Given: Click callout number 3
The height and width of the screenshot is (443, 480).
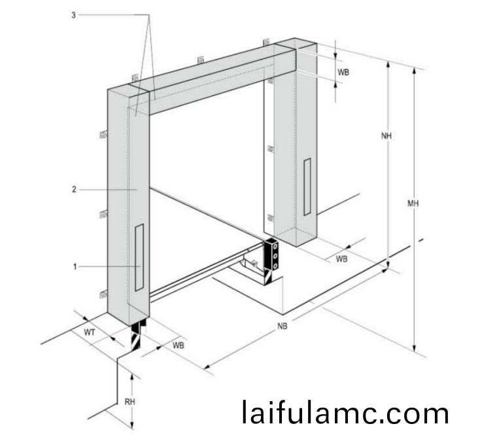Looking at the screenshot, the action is [73, 15].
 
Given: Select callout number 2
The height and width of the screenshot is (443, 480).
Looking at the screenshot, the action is [74, 189].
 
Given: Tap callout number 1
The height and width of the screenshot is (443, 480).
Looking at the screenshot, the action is [75, 266].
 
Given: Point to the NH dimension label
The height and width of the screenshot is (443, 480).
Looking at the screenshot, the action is [386, 135].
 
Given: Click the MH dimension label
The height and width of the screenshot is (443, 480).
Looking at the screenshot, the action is [413, 203].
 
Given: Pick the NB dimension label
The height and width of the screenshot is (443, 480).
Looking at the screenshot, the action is [283, 327].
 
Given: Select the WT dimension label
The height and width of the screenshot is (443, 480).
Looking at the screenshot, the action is [90, 332].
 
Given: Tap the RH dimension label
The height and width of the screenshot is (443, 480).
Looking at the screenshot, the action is [129, 401].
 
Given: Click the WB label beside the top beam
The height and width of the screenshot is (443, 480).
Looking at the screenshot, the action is [343, 72].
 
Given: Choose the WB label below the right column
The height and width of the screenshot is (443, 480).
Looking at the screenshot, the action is [341, 258].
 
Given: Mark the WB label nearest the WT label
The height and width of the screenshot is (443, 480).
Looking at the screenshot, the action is [178, 346].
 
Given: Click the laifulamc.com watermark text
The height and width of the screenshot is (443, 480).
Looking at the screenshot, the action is [345, 412].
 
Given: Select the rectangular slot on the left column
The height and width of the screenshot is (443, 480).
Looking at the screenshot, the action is [139, 257].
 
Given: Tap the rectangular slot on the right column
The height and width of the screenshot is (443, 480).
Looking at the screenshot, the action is [307, 186].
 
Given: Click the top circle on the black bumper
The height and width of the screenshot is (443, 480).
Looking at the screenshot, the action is [275, 246].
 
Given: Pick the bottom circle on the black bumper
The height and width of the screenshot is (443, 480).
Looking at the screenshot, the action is [275, 266].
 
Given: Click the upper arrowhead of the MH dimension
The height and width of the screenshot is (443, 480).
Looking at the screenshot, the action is [414, 71].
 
